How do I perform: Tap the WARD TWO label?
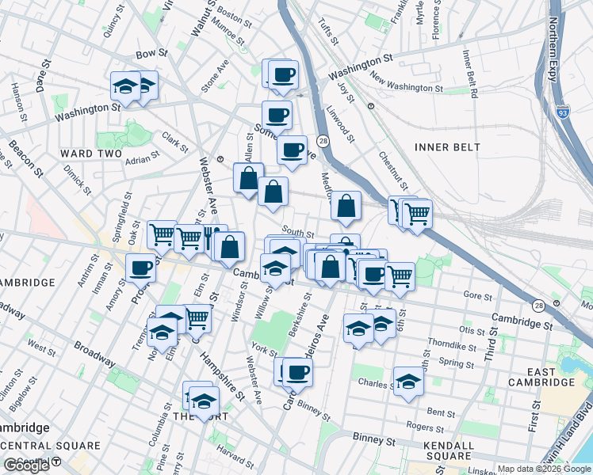pyautogui.click(x=92, y=153)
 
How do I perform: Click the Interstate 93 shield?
pyautogui.click(x=563, y=114)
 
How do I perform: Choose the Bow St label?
pyautogui.click(x=152, y=54)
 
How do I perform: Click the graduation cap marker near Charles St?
pyautogui.click(x=408, y=381)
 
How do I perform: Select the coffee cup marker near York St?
pyautogui.click(x=298, y=371)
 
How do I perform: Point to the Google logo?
pyautogui.click(x=26, y=465)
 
